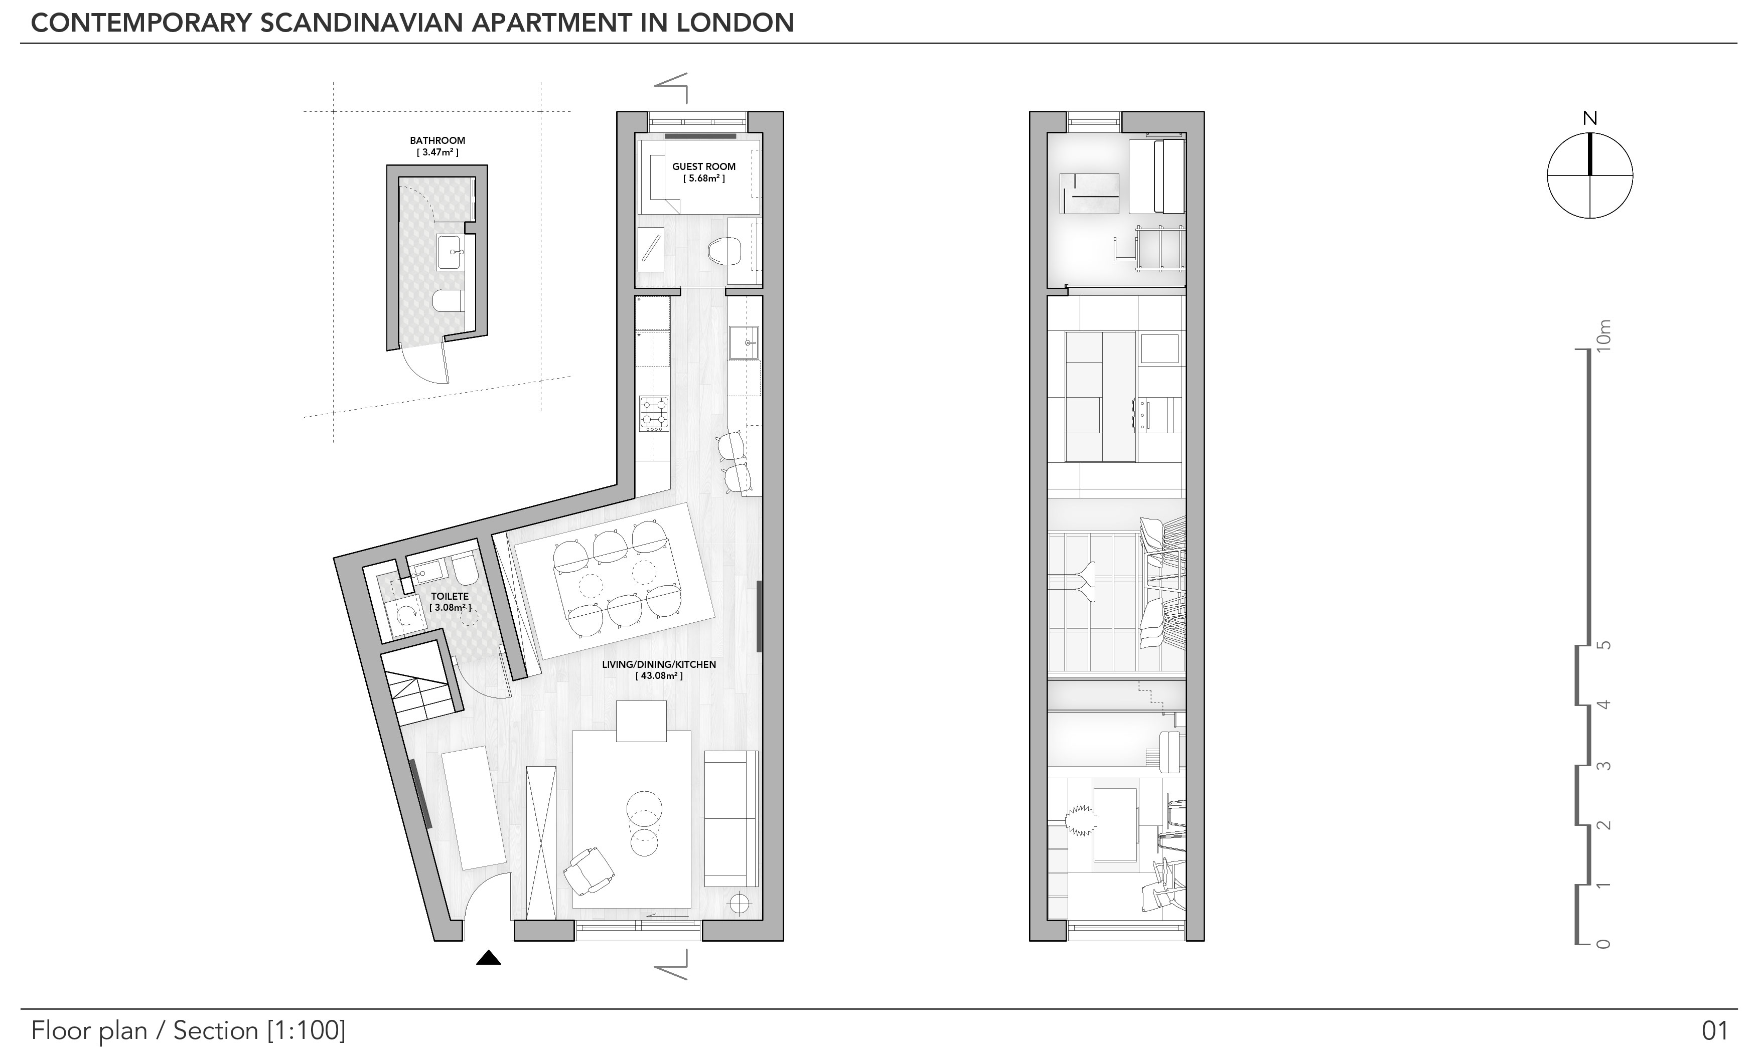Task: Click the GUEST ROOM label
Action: (x=703, y=167)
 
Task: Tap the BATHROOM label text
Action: (x=437, y=140)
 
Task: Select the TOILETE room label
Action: (x=450, y=597)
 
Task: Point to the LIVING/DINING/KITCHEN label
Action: (x=659, y=665)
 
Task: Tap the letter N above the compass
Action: (x=1590, y=118)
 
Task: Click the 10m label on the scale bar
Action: (x=1602, y=334)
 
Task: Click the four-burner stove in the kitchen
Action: (x=654, y=414)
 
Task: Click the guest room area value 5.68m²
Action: (x=704, y=179)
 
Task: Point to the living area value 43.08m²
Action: (x=659, y=676)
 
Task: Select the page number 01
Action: (x=1714, y=1030)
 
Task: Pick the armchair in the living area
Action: (x=589, y=870)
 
